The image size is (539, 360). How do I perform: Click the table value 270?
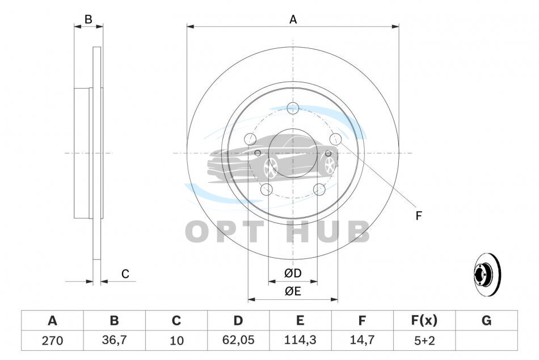(x=52, y=341)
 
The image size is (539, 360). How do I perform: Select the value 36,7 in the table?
(x=114, y=340)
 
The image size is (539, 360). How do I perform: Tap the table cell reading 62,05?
(x=238, y=340)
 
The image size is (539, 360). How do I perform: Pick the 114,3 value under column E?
(x=300, y=340)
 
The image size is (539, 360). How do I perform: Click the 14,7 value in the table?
(x=362, y=340)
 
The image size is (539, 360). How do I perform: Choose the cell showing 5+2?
(x=424, y=341)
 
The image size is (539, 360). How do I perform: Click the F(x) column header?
(x=424, y=320)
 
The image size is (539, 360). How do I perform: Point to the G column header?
(x=486, y=321)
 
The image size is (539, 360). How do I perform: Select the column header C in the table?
(x=176, y=321)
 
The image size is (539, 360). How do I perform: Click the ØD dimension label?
(x=293, y=273)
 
